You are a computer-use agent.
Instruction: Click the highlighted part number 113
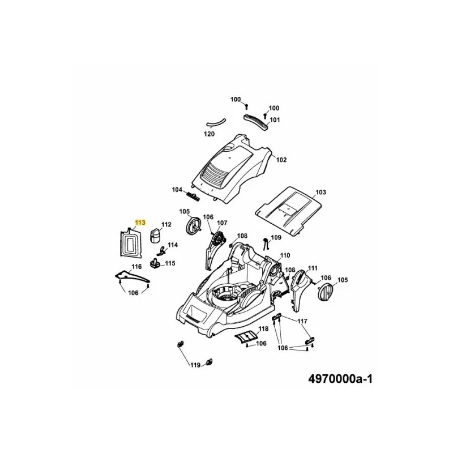[x=140, y=223]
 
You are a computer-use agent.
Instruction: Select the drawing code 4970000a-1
[x=340, y=379]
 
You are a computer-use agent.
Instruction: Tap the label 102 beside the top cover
[x=281, y=160]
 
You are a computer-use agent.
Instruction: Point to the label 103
[x=320, y=192]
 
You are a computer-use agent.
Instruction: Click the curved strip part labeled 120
[x=216, y=123]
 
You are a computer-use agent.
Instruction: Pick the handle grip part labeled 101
[x=257, y=122]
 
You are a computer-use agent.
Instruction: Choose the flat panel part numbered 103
[x=288, y=211]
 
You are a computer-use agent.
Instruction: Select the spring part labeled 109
[x=266, y=244]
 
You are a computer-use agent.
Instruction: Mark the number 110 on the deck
[x=285, y=255]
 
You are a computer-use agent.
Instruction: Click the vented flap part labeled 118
[x=245, y=337]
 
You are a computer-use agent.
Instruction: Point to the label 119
[x=195, y=365]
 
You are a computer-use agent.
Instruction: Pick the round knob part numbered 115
[x=155, y=264]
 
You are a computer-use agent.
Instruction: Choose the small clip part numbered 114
[x=161, y=251]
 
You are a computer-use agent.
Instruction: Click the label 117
[x=302, y=321]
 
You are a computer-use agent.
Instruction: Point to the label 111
[x=313, y=268]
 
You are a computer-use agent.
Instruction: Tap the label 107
[x=222, y=223]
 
